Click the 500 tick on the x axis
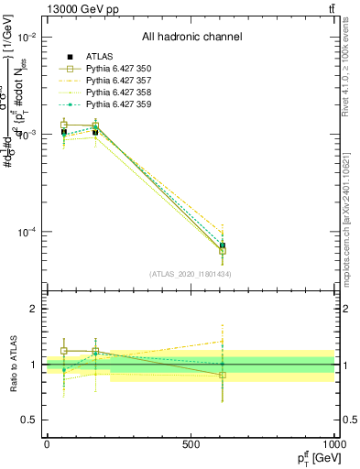click(191, 444)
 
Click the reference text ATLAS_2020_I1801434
click(190, 274)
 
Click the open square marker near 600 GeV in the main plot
click(223, 250)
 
